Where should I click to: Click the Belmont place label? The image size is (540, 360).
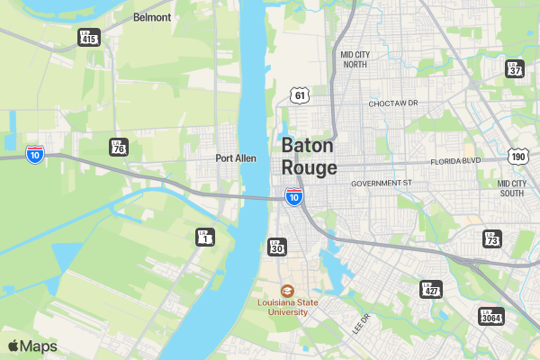pos(152,17)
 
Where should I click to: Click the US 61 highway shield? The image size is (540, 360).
pos(300,94)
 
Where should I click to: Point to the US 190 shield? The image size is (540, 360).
pos(517,156)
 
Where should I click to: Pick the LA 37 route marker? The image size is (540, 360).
pos(515,68)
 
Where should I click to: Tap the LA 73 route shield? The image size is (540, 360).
pos(491,238)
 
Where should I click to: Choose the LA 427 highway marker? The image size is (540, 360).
pos(431,289)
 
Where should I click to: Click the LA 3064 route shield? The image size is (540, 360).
pos(491,316)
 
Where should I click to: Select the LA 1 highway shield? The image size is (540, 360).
pos(206,238)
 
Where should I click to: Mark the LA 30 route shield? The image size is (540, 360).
pos(277,246)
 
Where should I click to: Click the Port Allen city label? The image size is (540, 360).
pos(236,158)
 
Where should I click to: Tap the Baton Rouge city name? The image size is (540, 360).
pos(309,157)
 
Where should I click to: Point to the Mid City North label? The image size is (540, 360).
pos(355,59)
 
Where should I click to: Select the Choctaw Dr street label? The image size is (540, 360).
pos(394,103)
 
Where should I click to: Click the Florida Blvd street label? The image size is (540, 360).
pos(457,162)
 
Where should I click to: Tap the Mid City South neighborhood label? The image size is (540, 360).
pos(511,188)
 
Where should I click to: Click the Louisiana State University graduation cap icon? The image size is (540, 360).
pos(287,290)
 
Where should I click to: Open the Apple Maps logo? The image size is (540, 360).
pos(33,346)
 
